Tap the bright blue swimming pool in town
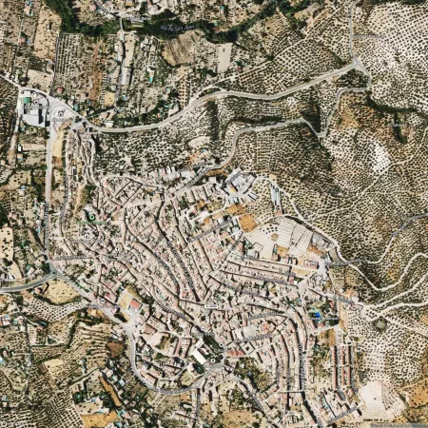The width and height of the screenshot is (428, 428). point(315,313)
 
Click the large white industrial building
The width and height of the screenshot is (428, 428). point(34,115)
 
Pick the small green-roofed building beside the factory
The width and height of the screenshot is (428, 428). point(27,99)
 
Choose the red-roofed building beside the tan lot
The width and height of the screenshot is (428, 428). point(133,304)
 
